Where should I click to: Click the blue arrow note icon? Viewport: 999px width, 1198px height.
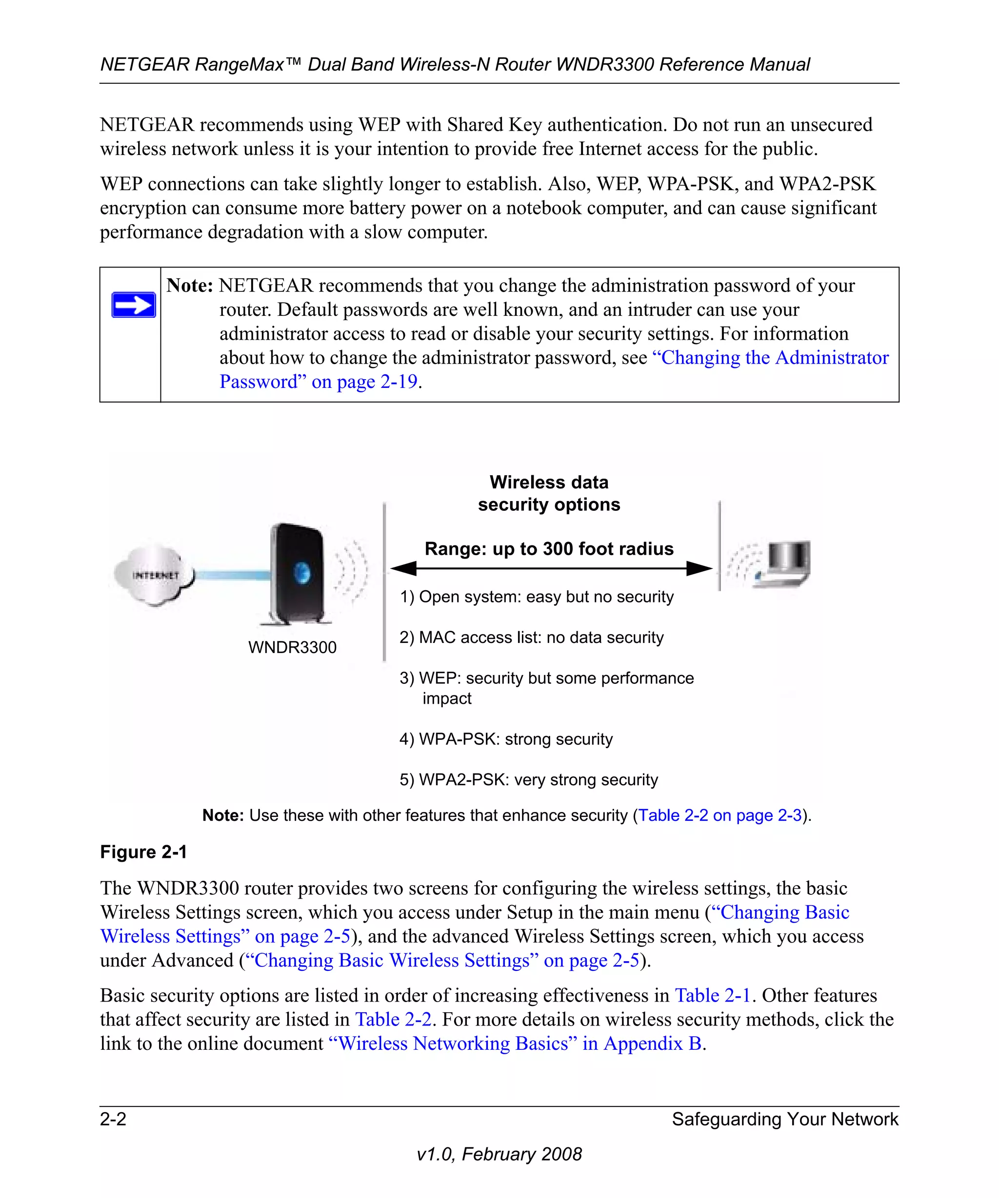[x=134, y=305]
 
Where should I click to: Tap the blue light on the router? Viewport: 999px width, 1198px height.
[x=302, y=572]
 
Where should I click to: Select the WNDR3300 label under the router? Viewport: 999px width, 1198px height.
[x=292, y=647]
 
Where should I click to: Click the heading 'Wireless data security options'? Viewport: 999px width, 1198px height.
[x=549, y=493]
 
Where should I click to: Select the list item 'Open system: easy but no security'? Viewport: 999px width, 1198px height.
[x=537, y=597]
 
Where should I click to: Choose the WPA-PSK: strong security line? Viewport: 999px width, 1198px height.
[x=506, y=739]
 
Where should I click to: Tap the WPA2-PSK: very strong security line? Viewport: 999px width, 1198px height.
[x=529, y=780]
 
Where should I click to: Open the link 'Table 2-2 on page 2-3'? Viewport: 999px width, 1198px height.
[x=720, y=815]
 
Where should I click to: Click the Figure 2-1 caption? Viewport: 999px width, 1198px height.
[x=143, y=852]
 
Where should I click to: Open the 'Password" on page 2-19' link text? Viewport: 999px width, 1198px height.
[x=319, y=382]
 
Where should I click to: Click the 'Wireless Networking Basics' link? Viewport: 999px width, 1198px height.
[x=448, y=1043]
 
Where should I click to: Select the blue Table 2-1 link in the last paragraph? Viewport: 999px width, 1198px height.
[x=713, y=995]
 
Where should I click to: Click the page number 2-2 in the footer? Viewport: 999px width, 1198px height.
[x=113, y=1119]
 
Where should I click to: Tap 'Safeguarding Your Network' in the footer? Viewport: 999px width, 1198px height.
[x=785, y=1119]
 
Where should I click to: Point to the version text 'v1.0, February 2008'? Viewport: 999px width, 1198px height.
[x=499, y=1154]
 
